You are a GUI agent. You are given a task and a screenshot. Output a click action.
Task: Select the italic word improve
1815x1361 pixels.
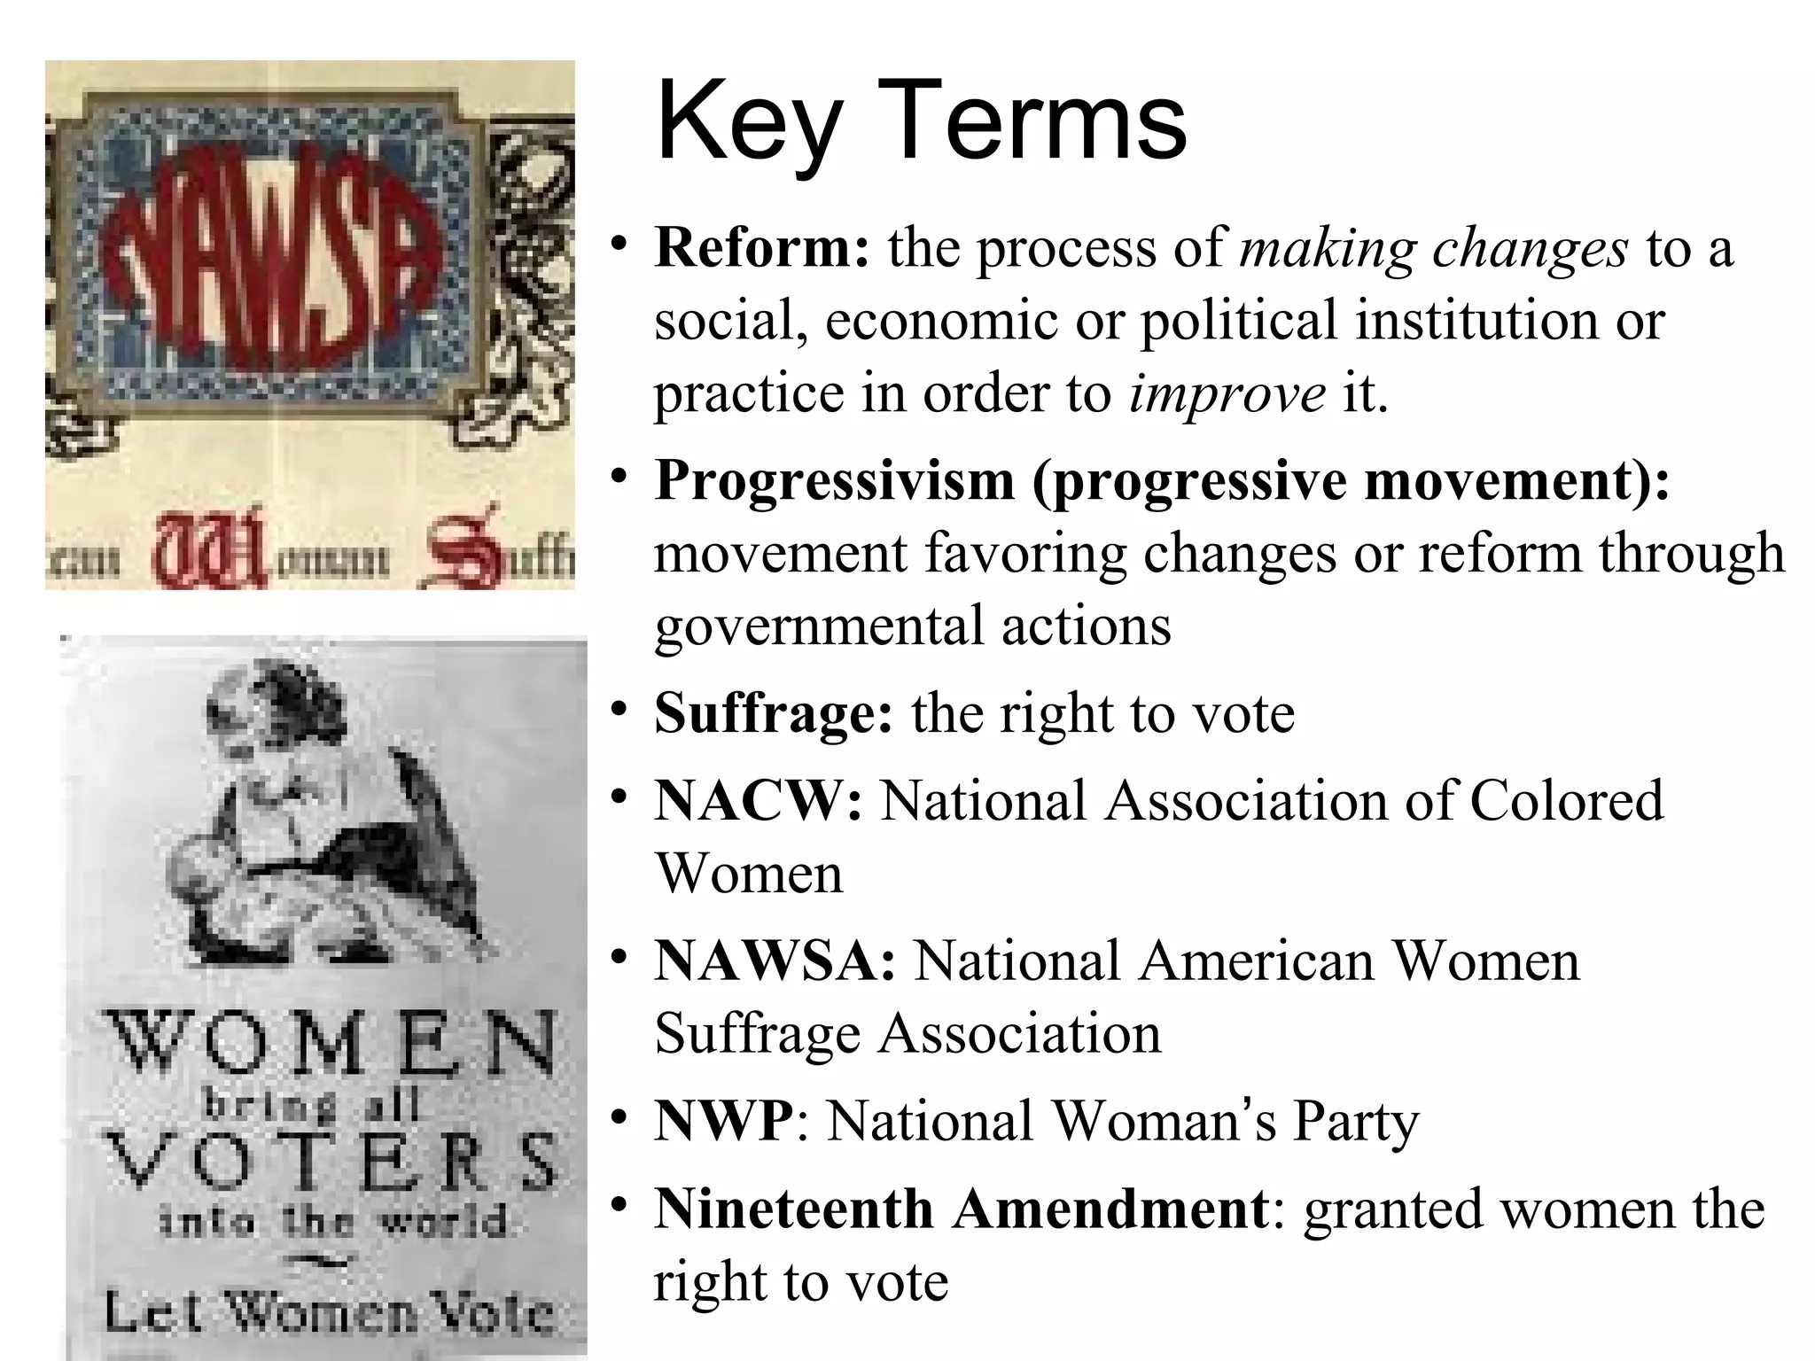(1227, 393)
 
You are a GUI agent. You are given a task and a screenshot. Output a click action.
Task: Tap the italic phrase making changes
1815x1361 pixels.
(1434, 248)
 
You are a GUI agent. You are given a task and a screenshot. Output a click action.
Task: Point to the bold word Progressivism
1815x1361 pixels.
(834, 480)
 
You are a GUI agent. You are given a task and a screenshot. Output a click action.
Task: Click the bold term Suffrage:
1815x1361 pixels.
(774, 713)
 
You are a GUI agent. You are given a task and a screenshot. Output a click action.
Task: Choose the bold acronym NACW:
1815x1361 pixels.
(758, 801)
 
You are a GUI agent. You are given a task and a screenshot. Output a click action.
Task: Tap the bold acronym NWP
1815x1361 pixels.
(724, 1121)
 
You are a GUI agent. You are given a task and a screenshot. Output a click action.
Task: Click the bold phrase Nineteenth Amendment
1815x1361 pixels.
(962, 1209)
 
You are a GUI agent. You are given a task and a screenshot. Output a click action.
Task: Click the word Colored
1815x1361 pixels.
(1567, 801)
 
